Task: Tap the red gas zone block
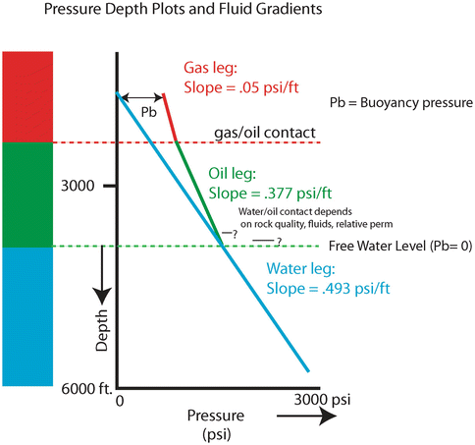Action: tap(33, 96)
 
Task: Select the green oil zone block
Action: tap(33, 195)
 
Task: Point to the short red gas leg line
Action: tap(170, 118)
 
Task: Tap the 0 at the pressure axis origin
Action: tap(120, 401)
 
